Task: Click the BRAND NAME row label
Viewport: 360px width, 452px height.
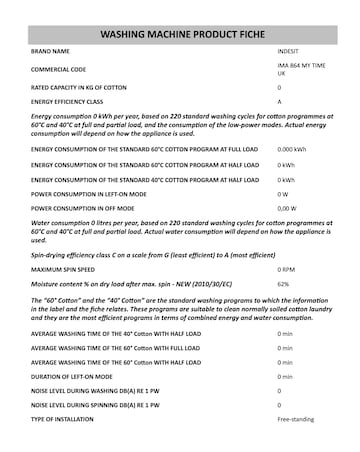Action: [x=51, y=50]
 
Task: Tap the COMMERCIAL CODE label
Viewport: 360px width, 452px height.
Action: [x=58, y=68]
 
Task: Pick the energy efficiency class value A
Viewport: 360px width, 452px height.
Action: [x=279, y=102]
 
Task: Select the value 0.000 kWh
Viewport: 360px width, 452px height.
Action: [x=291, y=150]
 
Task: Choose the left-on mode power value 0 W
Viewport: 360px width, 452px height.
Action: [x=283, y=193]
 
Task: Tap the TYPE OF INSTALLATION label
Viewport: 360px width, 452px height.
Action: [x=65, y=419]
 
